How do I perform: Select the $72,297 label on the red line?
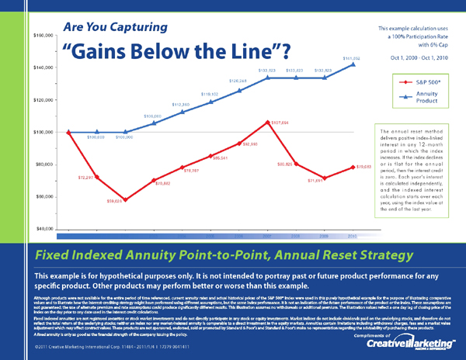point(86,178)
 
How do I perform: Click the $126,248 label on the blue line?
point(238,81)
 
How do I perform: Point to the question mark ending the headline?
point(285,52)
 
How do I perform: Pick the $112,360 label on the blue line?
point(180,104)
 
